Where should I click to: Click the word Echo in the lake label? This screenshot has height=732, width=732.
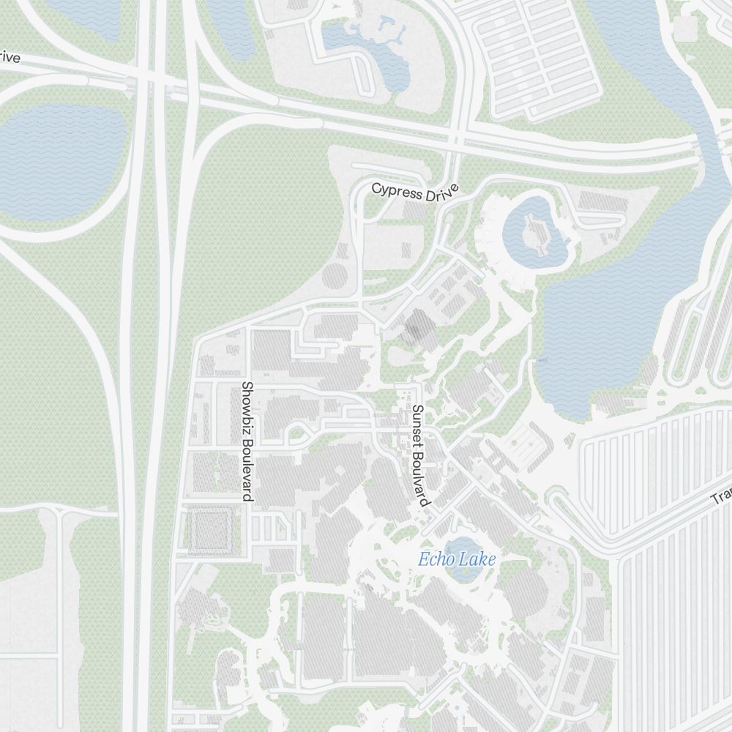coord(435,561)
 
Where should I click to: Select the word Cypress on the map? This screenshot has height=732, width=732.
coord(397,190)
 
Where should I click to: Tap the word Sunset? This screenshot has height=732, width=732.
coord(417,425)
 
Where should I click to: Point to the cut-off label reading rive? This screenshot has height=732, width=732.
coord(9,57)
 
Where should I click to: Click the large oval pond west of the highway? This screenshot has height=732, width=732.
coord(62,157)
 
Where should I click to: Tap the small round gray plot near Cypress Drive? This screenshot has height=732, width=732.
coord(335,277)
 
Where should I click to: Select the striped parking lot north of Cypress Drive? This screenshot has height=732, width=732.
coord(539,55)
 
